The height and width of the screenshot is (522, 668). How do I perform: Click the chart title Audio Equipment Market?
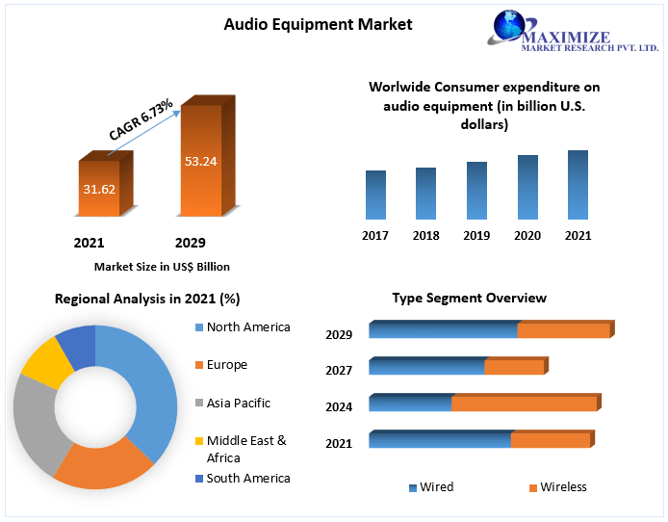click(318, 24)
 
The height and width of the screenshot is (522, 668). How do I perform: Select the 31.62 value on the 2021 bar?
click(99, 189)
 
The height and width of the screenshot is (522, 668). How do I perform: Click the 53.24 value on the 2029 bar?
click(201, 161)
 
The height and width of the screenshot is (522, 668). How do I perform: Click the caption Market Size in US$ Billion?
click(162, 267)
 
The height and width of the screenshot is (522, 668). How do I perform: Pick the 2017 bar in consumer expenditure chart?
click(375, 195)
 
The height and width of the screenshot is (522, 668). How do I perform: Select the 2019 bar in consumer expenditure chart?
click(476, 190)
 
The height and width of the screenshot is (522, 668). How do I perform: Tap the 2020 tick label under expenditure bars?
click(527, 235)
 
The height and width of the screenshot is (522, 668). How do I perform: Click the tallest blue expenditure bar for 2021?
click(578, 184)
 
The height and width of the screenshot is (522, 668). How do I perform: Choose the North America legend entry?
click(247, 327)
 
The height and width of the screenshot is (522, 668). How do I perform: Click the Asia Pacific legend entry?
click(238, 404)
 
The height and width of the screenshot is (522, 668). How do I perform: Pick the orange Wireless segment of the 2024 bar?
click(525, 404)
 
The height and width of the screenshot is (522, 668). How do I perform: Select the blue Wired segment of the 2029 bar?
click(443, 330)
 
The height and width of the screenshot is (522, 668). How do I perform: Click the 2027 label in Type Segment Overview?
click(339, 370)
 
